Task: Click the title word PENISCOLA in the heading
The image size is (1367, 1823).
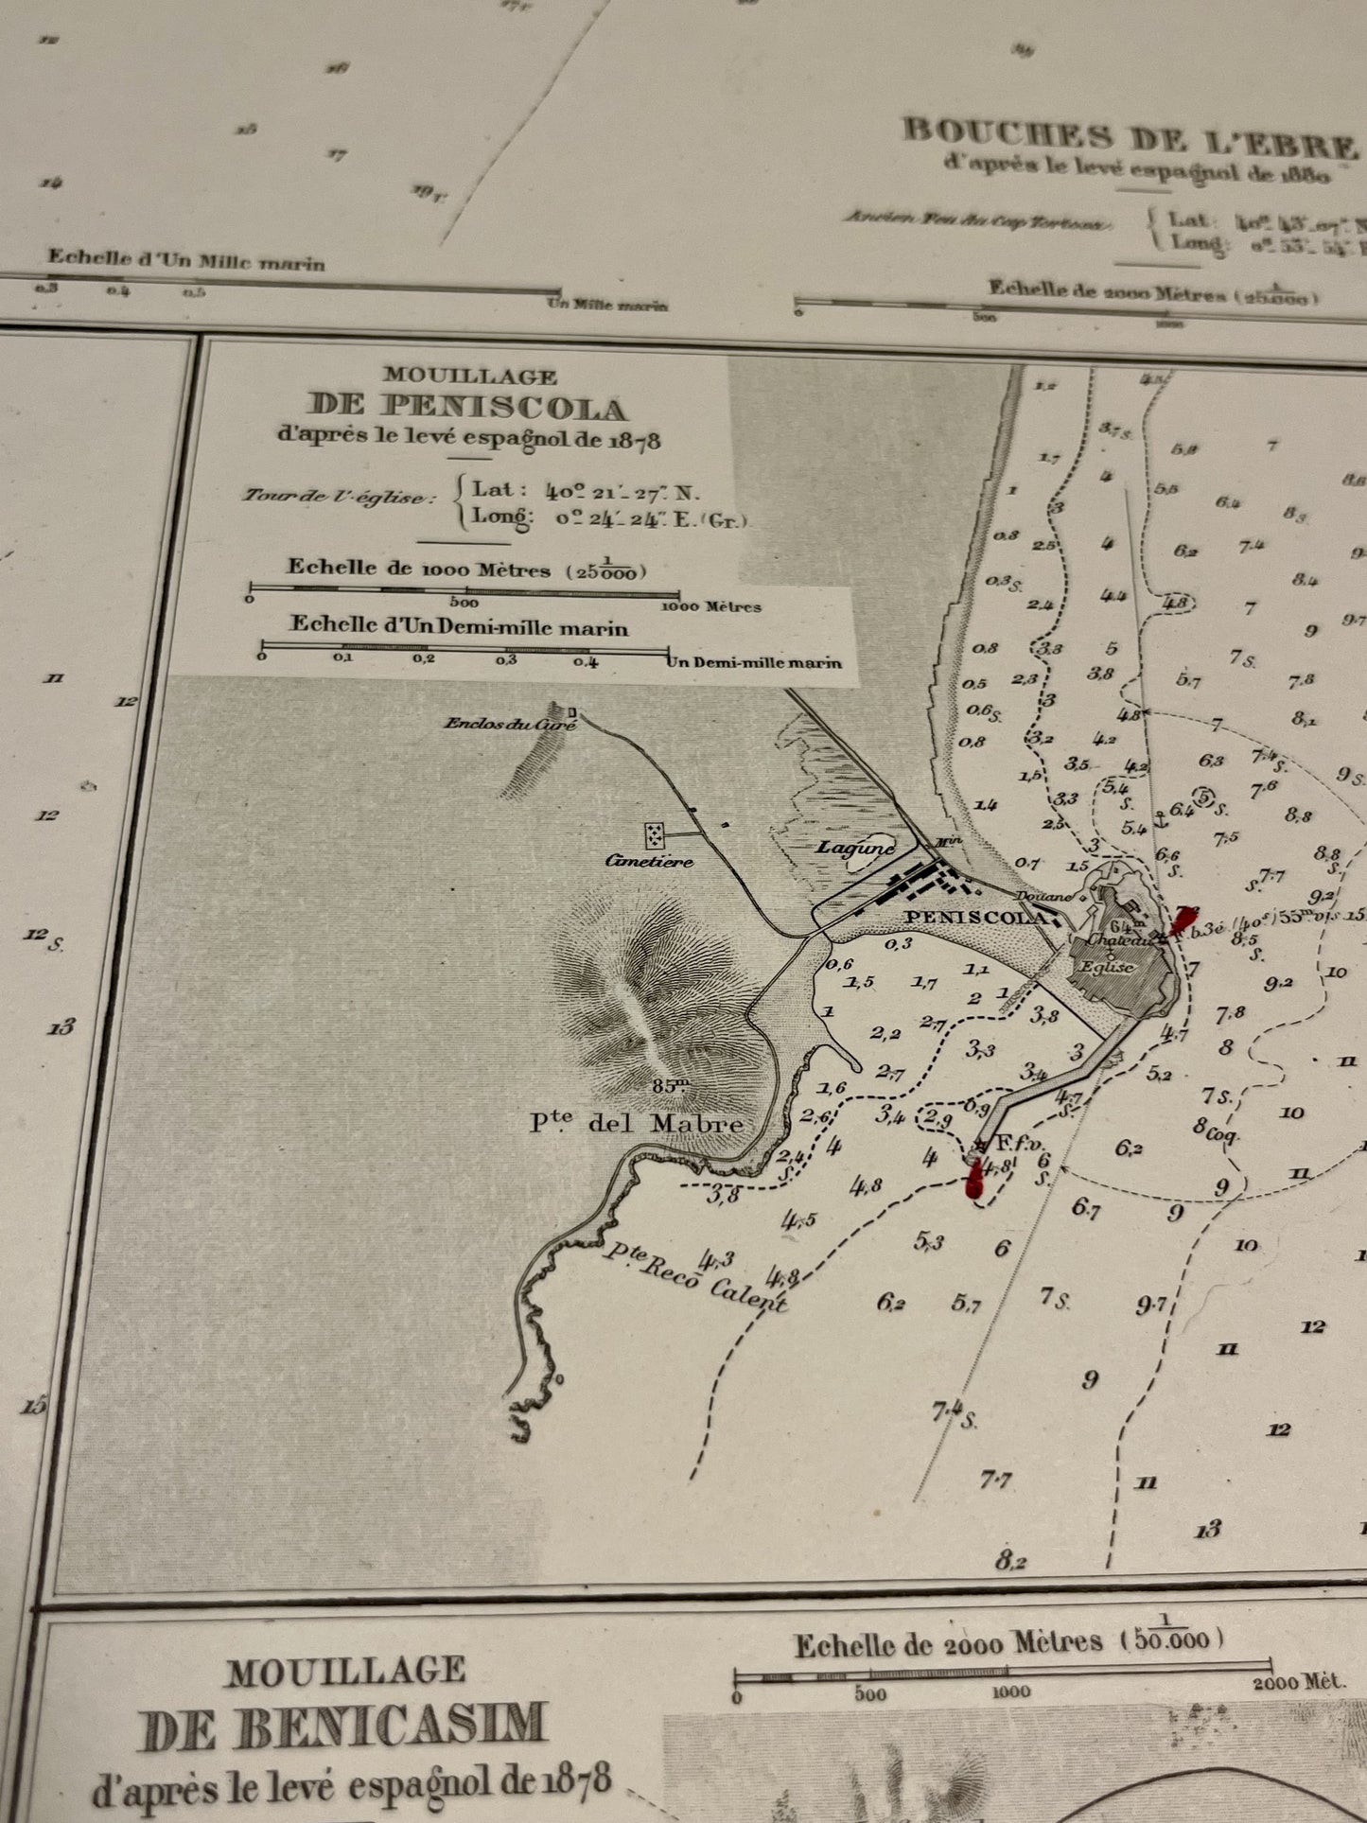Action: click(467, 409)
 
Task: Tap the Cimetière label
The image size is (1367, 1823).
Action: click(650, 861)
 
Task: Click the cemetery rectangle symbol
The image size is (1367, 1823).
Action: click(655, 835)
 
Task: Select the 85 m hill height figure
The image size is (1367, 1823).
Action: click(670, 1085)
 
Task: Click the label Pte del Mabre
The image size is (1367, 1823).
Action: click(636, 1124)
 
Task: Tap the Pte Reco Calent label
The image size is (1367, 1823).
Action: click(695, 1278)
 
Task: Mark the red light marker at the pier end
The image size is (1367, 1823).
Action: click(973, 1180)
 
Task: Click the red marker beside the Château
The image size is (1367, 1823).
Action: click(1183, 920)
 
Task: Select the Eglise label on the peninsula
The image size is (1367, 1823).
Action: click(1108, 967)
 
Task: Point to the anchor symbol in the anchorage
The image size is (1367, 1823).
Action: click(1158, 819)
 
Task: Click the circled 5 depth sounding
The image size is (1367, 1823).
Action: click(1203, 798)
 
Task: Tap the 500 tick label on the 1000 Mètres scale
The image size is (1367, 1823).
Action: click(464, 602)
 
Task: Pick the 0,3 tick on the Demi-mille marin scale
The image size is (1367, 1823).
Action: click(506, 659)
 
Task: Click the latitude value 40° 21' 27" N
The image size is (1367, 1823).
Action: click(623, 492)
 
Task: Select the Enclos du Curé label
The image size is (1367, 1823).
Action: click(498, 724)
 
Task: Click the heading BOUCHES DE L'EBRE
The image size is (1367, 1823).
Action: click(1130, 138)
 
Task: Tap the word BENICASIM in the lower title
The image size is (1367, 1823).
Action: click(345, 1724)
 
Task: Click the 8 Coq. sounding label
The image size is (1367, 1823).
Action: click(1216, 1129)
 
